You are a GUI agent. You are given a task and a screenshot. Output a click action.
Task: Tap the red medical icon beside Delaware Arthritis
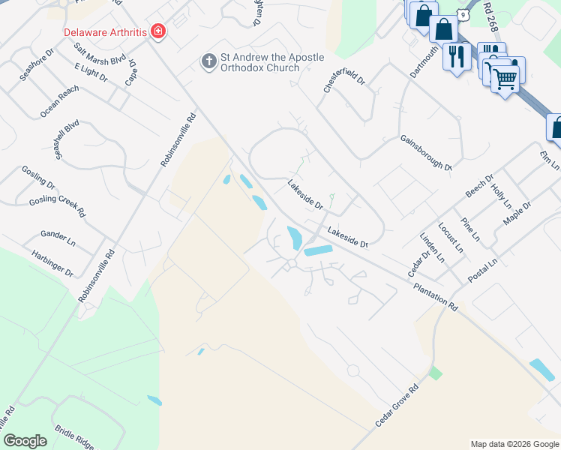click(x=158, y=31)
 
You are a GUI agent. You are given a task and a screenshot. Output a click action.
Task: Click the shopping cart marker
click(x=505, y=78)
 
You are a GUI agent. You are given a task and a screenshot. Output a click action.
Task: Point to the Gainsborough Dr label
click(x=426, y=152)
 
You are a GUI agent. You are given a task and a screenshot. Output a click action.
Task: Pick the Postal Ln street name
click(x=482, y=272)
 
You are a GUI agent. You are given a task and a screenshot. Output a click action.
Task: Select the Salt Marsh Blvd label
click(x=99, y=57)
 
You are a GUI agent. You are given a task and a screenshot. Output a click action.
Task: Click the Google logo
click(x=25, y=441)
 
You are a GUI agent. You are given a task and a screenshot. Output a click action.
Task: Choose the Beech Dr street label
click(x=479, y=186)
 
